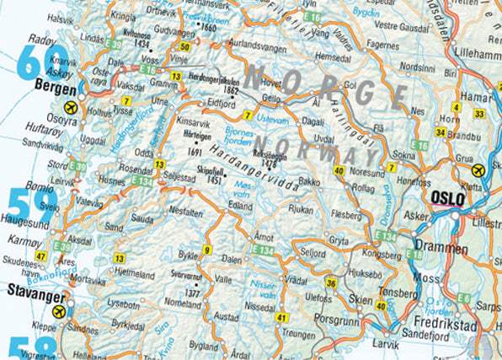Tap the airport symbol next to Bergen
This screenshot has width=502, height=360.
70,108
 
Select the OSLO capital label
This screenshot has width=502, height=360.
447,199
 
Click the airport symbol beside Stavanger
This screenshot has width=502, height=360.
60,312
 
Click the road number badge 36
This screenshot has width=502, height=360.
331,282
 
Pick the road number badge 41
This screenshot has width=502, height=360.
282,318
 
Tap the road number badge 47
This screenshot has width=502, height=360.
40,255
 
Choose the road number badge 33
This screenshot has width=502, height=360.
479,114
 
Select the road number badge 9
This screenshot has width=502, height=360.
206,250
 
